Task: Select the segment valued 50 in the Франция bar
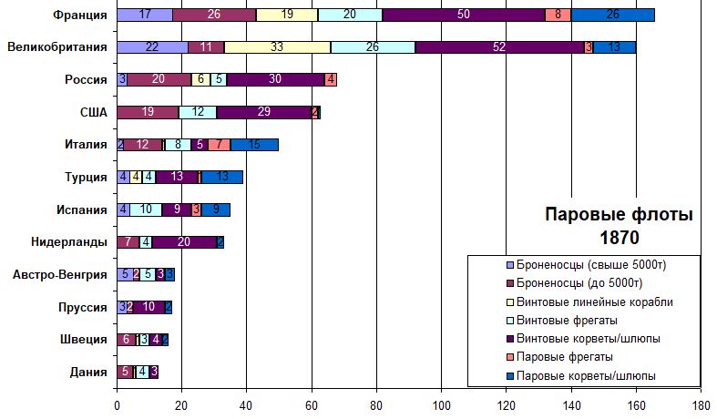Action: coord(464,15)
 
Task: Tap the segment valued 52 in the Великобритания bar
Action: coord(499,47)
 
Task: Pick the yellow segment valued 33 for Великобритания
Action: coord(277,47)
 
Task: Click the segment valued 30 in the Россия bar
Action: coord(275,80)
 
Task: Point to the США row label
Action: coord(94,112)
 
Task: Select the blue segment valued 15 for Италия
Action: coord(254,145)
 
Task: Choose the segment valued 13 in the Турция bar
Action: coord(177,177)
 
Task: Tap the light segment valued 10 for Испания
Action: coord(146,209)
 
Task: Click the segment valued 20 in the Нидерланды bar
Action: coord(184,242)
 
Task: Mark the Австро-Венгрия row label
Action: coord(60,274)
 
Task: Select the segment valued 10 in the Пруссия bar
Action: coord(149,307)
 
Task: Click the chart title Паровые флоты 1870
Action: coord(619,227)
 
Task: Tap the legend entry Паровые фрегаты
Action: coord(563,356)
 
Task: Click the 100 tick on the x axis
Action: coord(441,406)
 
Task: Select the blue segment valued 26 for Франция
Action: coord(612,15)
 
